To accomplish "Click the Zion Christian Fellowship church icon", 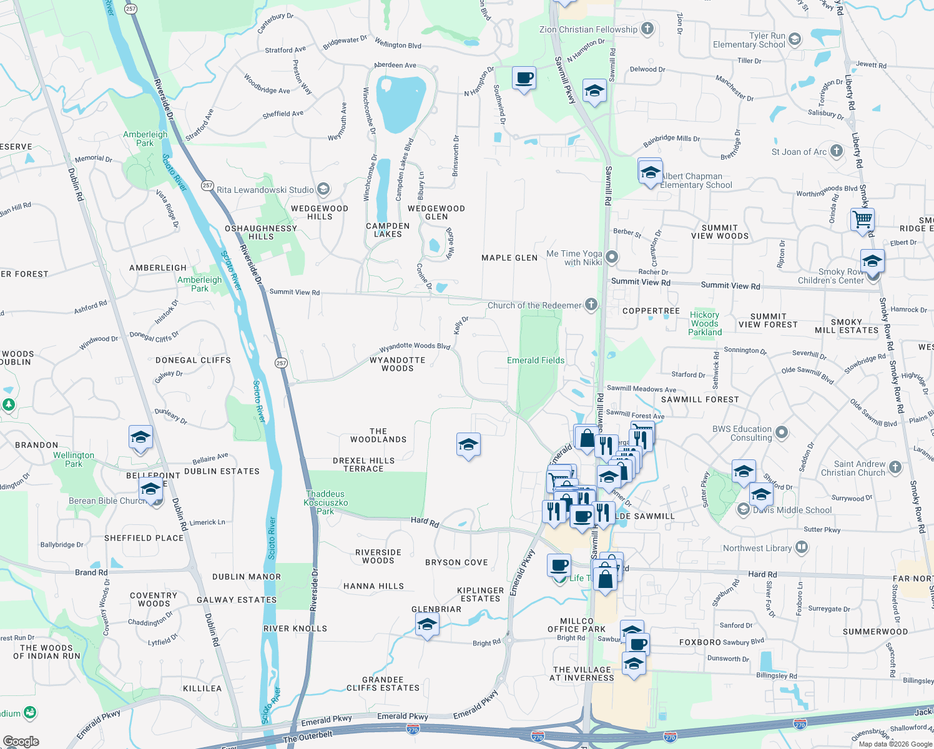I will (x=647, y=28).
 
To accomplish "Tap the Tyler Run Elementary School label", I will (x=749, y=40).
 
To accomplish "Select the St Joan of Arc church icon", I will (x=837, y=151).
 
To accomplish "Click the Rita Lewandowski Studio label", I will (x=265, y=190).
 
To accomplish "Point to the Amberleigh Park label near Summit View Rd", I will (x=200, y=284).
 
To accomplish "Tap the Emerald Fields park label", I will (x=536, y=360).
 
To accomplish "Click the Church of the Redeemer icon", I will (x=591, y=305).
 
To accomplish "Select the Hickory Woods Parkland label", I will (x=705, y=323).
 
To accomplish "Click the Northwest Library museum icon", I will (x=802, y=548).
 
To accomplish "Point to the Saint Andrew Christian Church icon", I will (x=895, y=468).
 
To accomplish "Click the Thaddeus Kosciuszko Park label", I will (x=325, y=502).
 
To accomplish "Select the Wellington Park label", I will (x=74, y=459).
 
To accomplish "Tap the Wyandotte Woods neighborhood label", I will (x=398, y=364).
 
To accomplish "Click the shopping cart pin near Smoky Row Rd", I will (x=862, y=220).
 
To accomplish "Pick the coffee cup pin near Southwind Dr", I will (x=524, y=79).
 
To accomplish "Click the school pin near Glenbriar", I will (x=427, y=624).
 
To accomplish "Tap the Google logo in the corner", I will (x=21, y=742).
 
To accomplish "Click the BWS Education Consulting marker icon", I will (x=782, y=433).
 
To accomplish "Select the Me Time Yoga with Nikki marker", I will (x=612, y=257).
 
